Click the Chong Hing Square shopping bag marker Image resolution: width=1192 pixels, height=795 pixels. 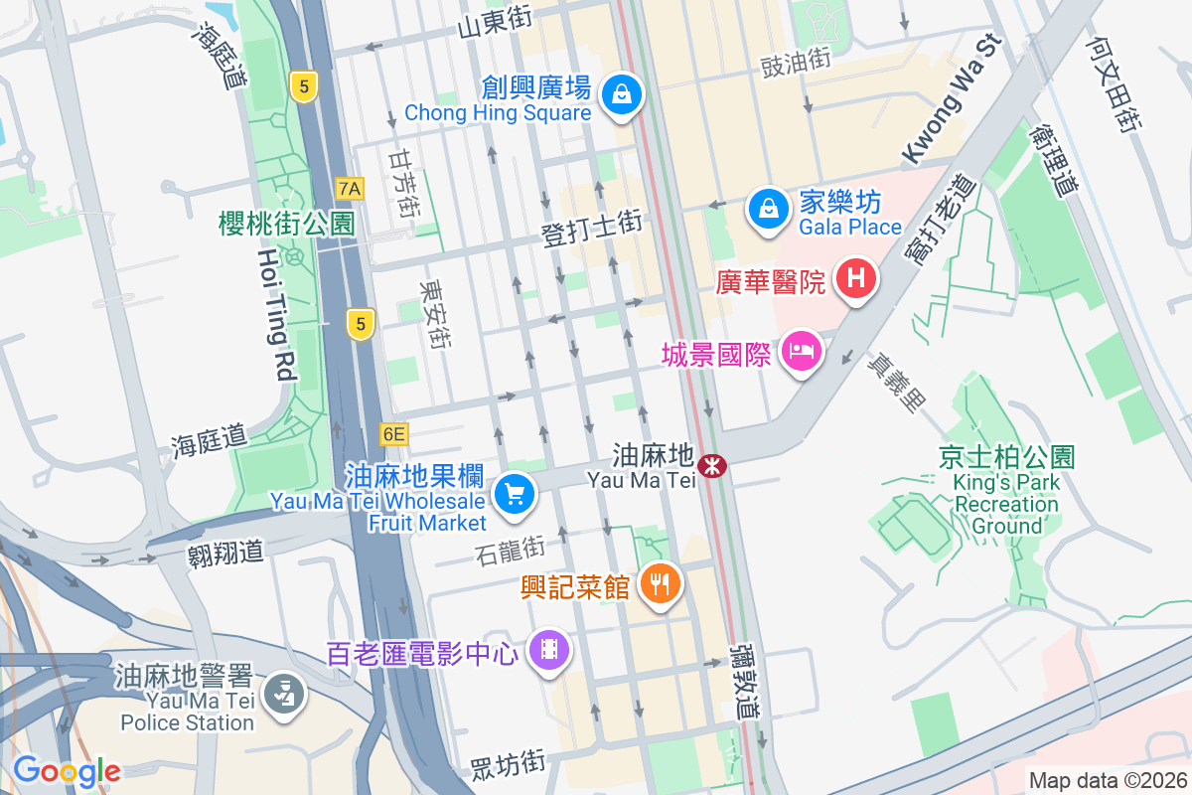(x=621, y=95)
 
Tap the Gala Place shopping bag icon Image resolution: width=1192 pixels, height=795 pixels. (x=768, y=208)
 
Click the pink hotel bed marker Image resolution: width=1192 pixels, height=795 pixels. (x=801, y=351)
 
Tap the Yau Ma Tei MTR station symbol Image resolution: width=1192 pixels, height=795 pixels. (x=711, y=465)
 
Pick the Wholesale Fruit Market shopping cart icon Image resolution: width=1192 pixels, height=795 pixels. (x=514, y=492)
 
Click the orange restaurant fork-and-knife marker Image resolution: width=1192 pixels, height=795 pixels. (x=659, y=582)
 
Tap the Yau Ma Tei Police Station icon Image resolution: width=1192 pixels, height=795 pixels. (x=285, y=693)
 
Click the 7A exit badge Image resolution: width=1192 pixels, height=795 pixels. (x=350, y=188)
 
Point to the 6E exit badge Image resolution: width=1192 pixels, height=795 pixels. (x=394, y=433)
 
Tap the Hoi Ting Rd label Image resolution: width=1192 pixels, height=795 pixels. (x=275, y=314)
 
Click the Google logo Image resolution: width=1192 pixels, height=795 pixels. (x=67, y=770)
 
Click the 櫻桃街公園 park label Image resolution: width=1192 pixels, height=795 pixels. (x=286, y=224)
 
